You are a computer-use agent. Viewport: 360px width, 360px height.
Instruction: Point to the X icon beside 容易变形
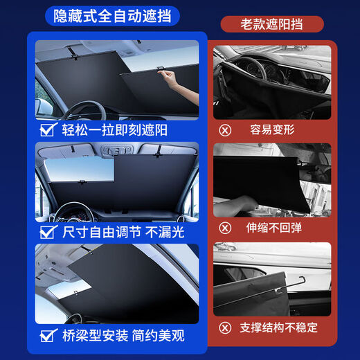click(x=224, y=129)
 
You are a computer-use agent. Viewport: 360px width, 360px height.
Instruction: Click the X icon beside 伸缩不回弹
click(x=224, y=227)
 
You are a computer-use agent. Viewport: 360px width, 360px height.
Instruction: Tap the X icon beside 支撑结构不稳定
click(x=224, y=327)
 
